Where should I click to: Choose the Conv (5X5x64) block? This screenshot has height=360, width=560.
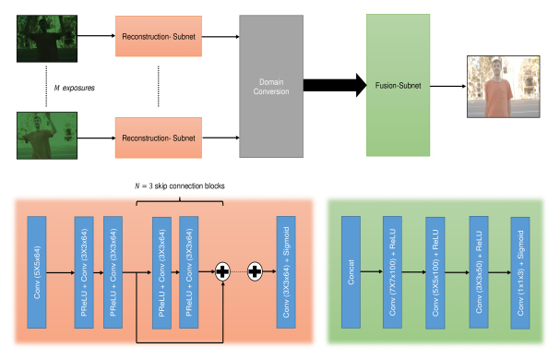(37, 272)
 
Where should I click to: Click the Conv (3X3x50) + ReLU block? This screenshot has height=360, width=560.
(478, 272)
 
